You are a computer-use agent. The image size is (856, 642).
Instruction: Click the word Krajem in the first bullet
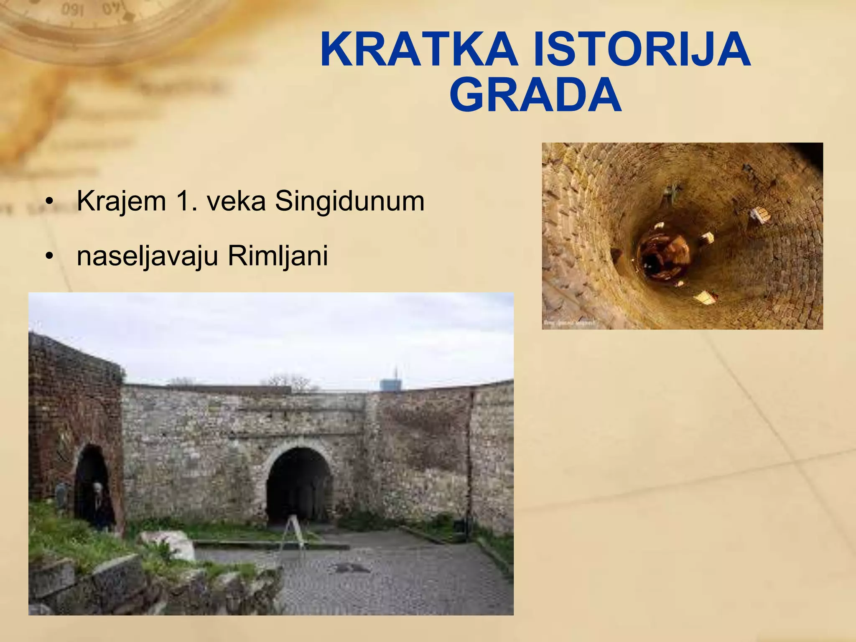click(x=122, y=201)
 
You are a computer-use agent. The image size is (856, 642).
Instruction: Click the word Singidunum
click(x=349, y=201)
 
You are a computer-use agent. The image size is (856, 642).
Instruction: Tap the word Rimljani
click(x=278, y=256)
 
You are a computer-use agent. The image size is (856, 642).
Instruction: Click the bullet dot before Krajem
click(x=50, y=202)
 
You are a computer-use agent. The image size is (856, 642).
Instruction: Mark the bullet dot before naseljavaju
click(x=50, y=256)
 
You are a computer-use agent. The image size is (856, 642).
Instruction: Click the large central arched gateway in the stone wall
click(x=299, y=485)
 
